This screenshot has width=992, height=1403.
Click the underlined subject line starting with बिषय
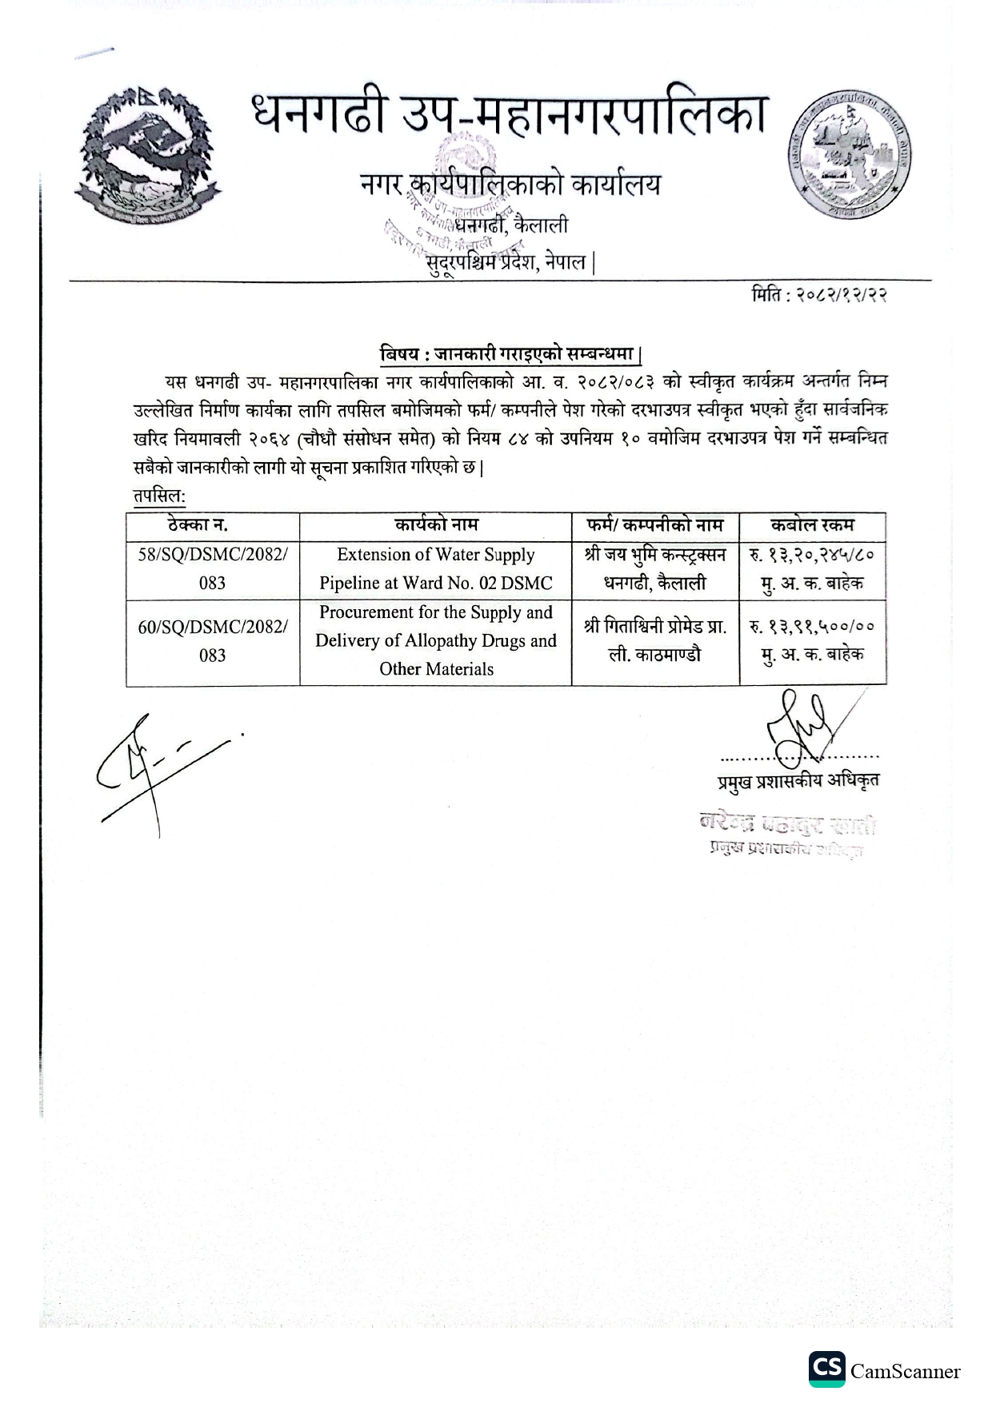[510, 354]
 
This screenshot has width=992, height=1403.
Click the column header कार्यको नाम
[436, 526]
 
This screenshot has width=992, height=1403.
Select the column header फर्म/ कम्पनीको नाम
[654, 526]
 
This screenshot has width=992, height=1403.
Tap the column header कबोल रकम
[812, 526]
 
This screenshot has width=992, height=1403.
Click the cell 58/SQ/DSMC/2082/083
[212, 568]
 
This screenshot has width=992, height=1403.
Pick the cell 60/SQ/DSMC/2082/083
[212, 641]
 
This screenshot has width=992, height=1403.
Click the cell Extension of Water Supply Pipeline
[436, 568]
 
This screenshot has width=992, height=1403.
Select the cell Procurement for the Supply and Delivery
[436, 641]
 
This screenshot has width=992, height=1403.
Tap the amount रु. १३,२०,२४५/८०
[812, 556]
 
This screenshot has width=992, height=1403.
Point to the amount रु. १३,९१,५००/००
[812, 628]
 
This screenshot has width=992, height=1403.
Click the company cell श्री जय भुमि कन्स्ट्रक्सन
[654, 568]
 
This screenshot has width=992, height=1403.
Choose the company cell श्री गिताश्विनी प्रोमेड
[654, 641]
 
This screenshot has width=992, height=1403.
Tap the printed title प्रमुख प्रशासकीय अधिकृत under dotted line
[798, 781]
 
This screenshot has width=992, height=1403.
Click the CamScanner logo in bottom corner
[884, 1372]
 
